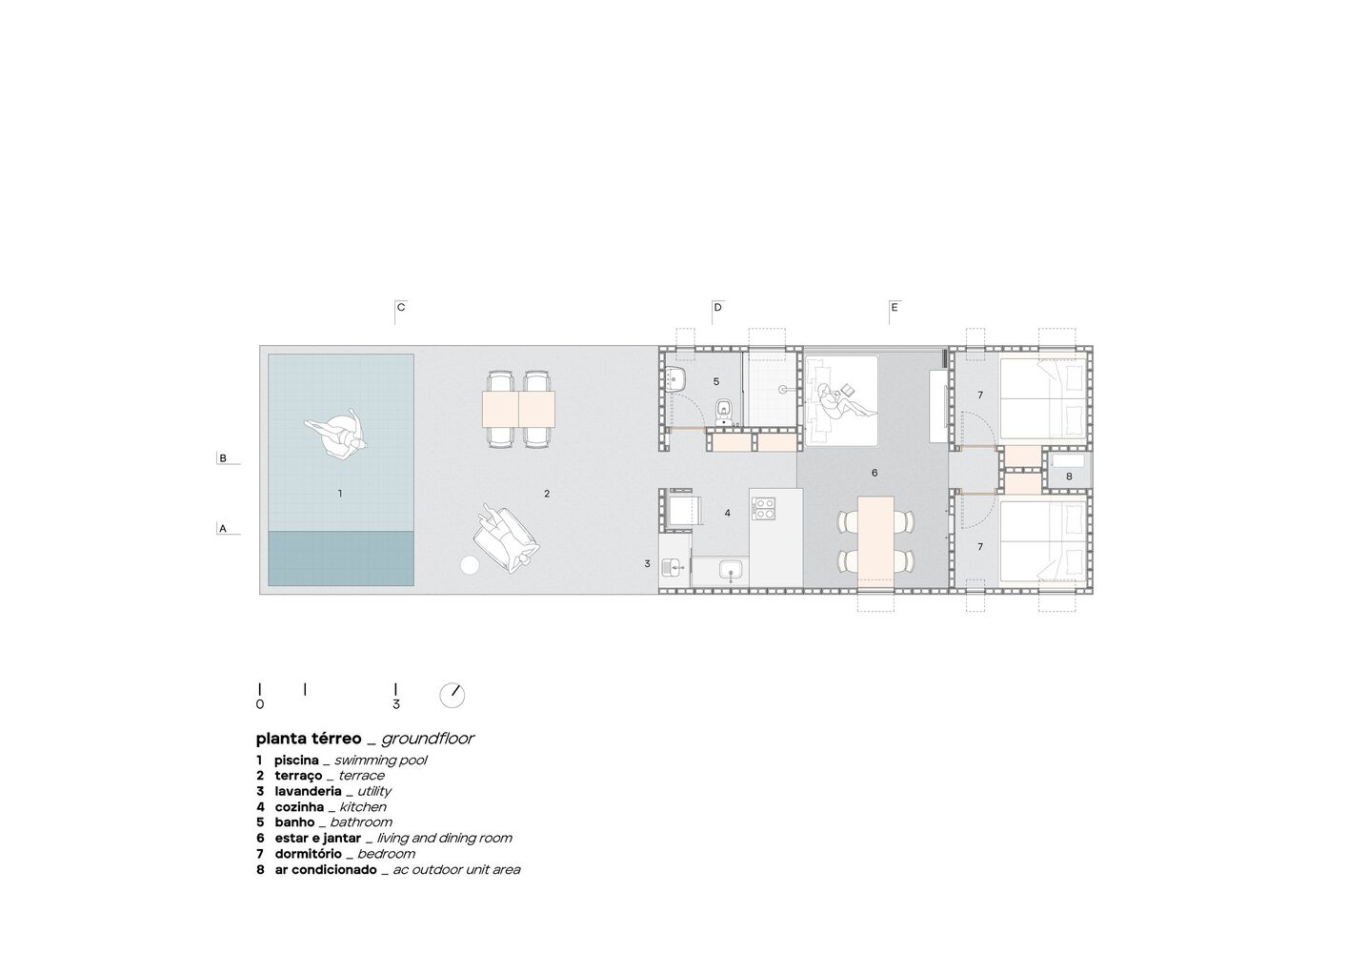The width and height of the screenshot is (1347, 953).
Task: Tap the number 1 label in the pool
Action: pyautogui.click(x=340, y=494)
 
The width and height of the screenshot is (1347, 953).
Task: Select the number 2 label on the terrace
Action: pyautogui.click(x=547, y=494)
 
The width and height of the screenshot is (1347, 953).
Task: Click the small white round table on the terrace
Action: pyautogui.click(x=469, y=565)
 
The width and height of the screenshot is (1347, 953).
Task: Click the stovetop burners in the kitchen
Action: pyautogui.click(x=763, y=508)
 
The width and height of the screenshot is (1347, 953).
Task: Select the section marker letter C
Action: pyautogui.click(x=401, y=308)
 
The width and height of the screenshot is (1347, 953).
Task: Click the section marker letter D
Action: pyautogui.click(x=717, y=308)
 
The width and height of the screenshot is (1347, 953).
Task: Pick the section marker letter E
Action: pyautogui.click(x=895, y=308)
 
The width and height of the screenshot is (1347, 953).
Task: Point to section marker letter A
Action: pyautogui.click(x=223, y=529)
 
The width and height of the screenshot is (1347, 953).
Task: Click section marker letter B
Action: pyautogui.click(x=223, y=458)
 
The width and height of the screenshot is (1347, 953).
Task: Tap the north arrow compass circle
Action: pyautogui.click(x=452, y=696)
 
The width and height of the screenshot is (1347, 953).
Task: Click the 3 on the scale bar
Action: pyautogui.click(x=395, y=704)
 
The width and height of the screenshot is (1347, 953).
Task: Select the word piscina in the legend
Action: pyautogui.click(x=296, y=760)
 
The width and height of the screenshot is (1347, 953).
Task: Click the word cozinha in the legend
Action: pyautogui.click(x=299, y=807)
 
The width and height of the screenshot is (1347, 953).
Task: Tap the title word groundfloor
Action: pyautogui.click(x=428, y=739)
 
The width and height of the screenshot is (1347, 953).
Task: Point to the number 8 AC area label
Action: pyautogui.click(x=1069, y=476)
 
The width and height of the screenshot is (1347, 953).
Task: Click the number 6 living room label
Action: pyautogui.click(x=875, y=473)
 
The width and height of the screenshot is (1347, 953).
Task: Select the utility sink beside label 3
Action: pyautogui.click(x=673, y=566)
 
